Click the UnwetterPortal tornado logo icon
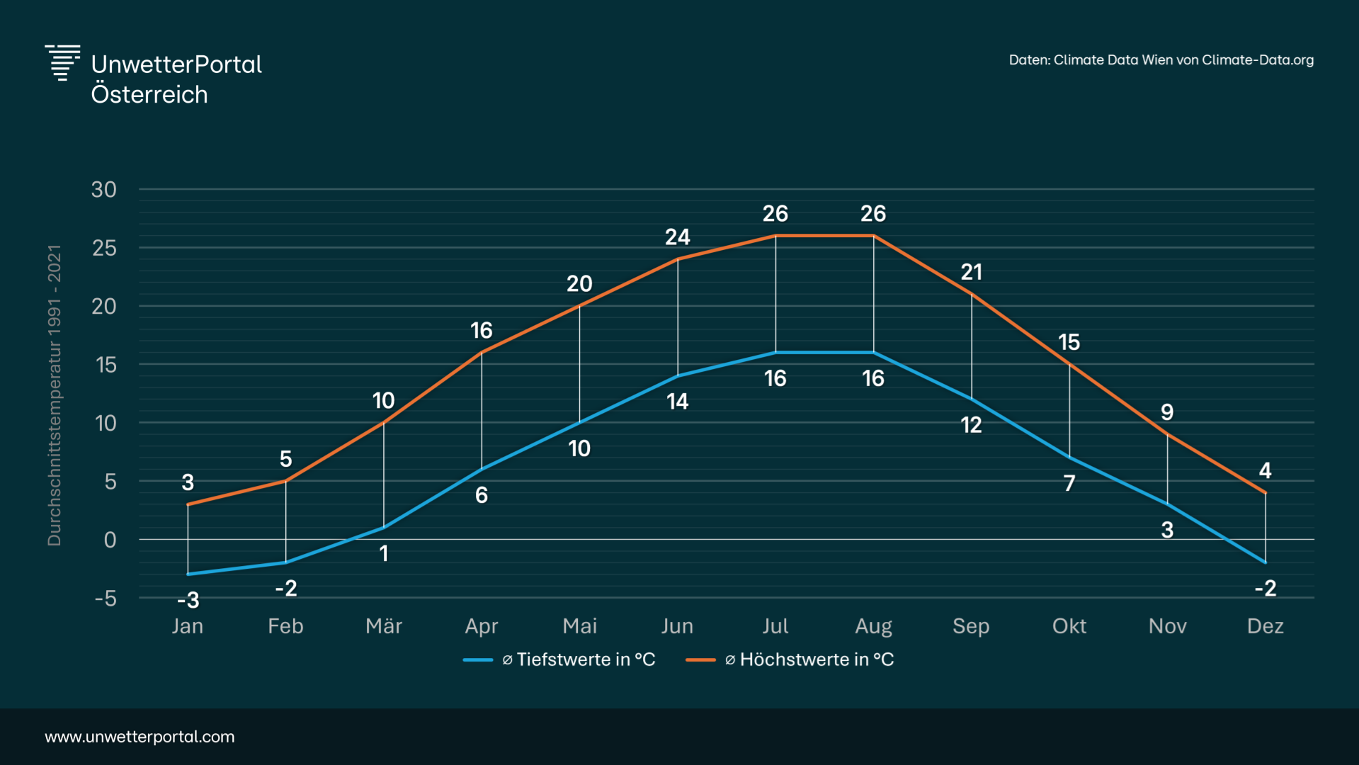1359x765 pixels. coord(62,62)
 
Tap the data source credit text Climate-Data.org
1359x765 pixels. coord(1161,60)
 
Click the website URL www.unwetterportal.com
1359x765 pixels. coord(140,737)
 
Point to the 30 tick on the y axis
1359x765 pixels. coord(104,190)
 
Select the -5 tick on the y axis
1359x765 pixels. coord(106,599)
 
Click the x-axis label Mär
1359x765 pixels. coord(384,626)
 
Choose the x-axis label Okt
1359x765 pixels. coord(1069,626)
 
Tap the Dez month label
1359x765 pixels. coord(1266,626)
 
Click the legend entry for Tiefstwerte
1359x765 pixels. coord(559,659)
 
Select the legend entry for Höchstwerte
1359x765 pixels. coord(790,659)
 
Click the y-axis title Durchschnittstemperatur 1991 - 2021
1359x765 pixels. coord(55,395)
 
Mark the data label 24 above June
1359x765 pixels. coord(678,237)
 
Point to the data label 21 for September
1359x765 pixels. coord(972,272)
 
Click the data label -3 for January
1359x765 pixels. coord(188,601)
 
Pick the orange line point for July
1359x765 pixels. coord(775,236)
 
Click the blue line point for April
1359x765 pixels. coord(482,469)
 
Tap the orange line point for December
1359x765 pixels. coord(1266,493)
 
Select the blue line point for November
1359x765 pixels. coord(1167,504)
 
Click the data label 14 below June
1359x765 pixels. coord(678,402)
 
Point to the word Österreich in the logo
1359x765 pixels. coord(149,95)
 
